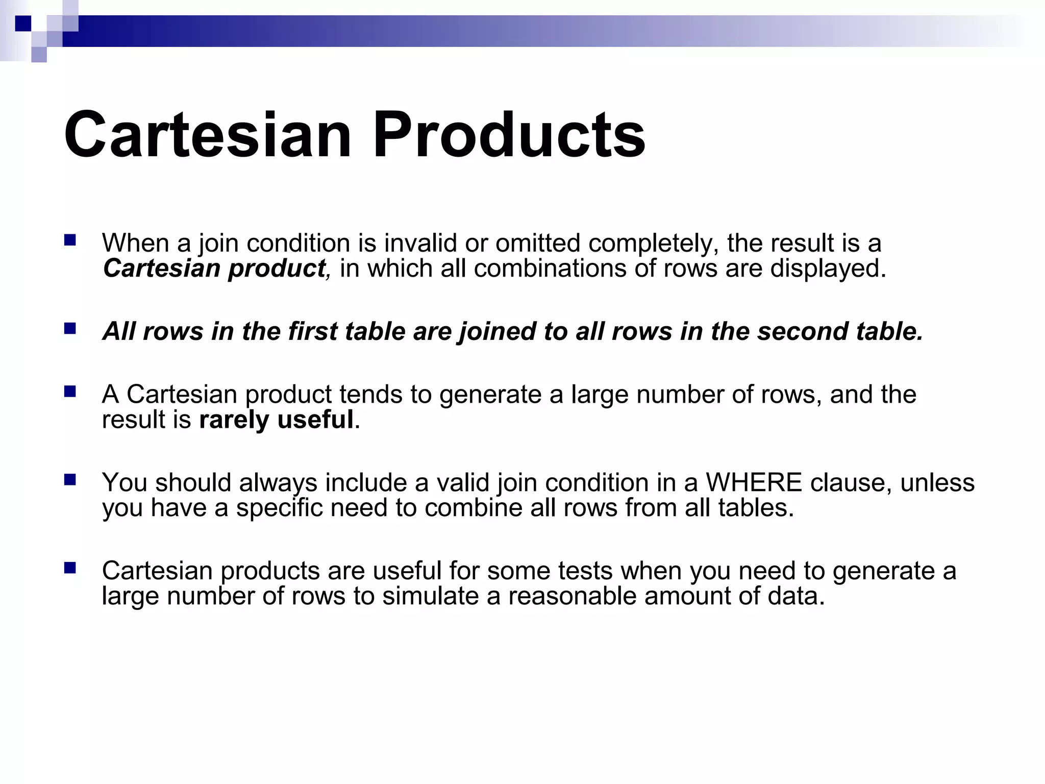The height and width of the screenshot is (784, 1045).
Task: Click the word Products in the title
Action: pyautogui.click(x=509, y=135)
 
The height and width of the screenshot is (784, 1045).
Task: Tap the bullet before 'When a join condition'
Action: pyautogui.click(x=70, y=240)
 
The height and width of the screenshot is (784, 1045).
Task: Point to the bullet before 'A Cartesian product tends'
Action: pyautogui.click(x=70, y=391)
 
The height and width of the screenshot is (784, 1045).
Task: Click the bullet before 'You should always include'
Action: pyautogui.click(x=70, y=479)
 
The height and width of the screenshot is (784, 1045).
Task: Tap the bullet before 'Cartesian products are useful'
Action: pyautogui.click(x=70, y=568)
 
